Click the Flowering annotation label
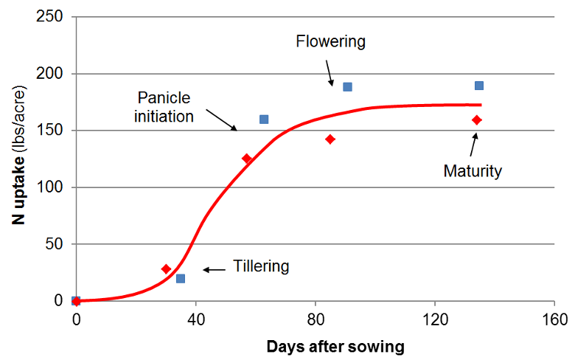click(330, 41)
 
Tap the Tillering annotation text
click(261, 266)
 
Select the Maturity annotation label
click(473, 171)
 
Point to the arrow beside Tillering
click(215, 269)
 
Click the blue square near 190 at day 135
click(479, 86)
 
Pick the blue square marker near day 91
click(348, 86)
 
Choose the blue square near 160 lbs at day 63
click(264, 119)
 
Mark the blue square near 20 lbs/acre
click(181, 278)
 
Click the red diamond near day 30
click(166, 269)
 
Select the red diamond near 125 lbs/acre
click(247, 159)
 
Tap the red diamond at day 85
click(330, 139)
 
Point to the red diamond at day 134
click(477, 120)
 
